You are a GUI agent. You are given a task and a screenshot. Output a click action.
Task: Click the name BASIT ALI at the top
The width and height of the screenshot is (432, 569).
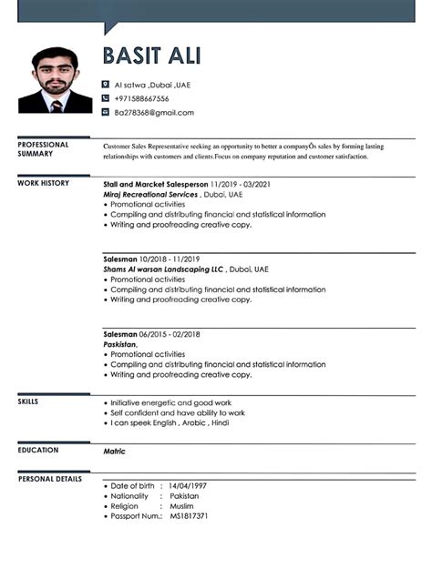(152, 56)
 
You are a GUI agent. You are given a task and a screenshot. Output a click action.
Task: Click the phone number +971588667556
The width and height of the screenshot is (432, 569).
(141, 98)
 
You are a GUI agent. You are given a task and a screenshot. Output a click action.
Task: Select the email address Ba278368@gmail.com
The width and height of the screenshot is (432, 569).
(154, 113)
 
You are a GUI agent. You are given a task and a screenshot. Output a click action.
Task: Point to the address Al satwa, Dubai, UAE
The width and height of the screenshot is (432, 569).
(152, 85)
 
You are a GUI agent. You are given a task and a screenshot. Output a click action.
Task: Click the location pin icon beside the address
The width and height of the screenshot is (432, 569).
(106, 85)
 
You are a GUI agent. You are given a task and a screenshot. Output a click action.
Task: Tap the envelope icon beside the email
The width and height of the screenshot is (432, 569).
(106, 113)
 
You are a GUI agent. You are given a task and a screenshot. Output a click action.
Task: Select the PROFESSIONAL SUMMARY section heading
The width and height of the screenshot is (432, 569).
(43, 149)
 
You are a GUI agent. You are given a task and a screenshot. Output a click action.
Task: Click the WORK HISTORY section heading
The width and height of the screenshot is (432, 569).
(43, 183)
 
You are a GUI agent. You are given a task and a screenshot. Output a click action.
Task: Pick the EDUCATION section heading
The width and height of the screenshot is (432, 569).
(37, 450)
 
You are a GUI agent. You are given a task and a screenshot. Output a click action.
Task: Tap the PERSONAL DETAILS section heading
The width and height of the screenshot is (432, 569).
(49, 478)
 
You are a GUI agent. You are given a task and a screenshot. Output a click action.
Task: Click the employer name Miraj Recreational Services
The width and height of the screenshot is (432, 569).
(150, 195)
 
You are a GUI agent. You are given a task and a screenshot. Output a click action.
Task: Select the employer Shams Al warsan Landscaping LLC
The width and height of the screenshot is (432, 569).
(164, 269)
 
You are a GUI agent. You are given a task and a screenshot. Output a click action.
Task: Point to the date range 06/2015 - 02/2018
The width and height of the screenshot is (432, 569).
(170, 334)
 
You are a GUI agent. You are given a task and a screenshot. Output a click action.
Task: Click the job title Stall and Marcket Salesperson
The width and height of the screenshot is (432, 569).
(156, 183)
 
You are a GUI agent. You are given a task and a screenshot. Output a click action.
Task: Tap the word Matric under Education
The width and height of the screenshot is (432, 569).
(114, 452)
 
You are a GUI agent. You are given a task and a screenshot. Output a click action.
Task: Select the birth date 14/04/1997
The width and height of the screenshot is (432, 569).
(188, 486)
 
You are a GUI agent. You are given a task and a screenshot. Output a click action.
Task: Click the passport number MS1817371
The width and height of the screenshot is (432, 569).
(189, 516)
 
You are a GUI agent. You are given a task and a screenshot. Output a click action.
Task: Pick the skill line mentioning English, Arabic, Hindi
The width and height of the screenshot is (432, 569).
(170, 423)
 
